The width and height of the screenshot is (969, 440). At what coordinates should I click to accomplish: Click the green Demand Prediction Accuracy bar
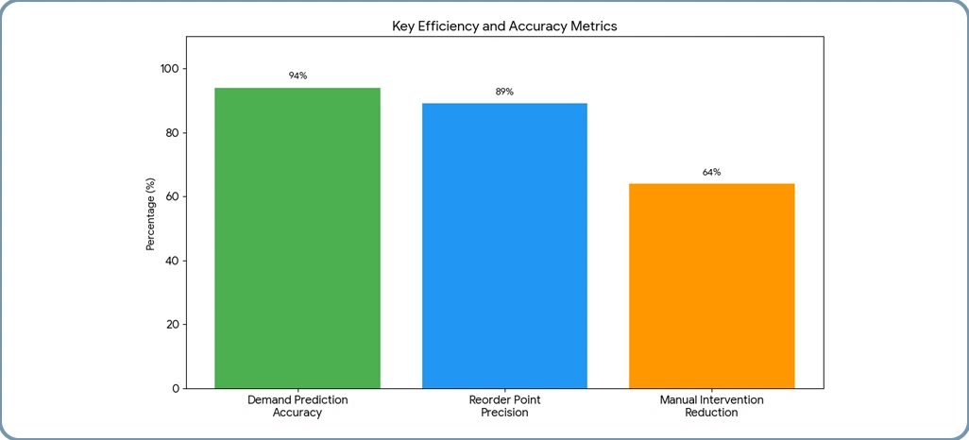[x=297, y=238]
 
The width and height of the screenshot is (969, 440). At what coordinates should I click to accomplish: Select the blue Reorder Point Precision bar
[x=504, y=245]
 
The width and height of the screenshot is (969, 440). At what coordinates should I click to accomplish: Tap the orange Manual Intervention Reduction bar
[x=711, y=285]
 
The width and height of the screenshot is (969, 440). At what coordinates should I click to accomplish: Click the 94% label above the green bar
[x=297, y=76]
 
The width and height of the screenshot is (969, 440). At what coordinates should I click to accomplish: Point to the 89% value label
[x=504, y=92]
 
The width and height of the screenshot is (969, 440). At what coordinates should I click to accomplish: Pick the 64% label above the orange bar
[x=711, y=172]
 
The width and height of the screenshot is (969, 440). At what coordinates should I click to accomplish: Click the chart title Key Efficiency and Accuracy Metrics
[x=504, y=26]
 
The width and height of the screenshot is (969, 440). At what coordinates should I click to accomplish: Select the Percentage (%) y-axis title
[x=150, y=212]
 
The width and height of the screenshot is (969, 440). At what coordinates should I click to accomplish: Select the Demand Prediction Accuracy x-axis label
[x=297, y=406]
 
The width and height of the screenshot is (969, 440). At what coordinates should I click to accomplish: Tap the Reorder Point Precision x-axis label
[x=504, y=406]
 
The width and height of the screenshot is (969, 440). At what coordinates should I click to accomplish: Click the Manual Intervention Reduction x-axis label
[x=711, y=406]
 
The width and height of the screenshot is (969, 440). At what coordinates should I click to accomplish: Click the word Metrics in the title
[x=593, y=26]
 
